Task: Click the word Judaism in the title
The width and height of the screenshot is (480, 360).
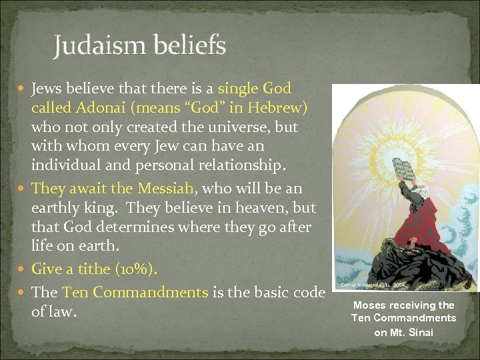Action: (x=98, y=46)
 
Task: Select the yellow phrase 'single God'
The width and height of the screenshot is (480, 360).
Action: (x=255, y=89)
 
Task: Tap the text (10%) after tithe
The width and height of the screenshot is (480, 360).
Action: (x=136, y=269)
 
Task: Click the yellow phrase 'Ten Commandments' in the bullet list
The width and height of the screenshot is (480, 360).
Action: (x=135, y=292)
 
